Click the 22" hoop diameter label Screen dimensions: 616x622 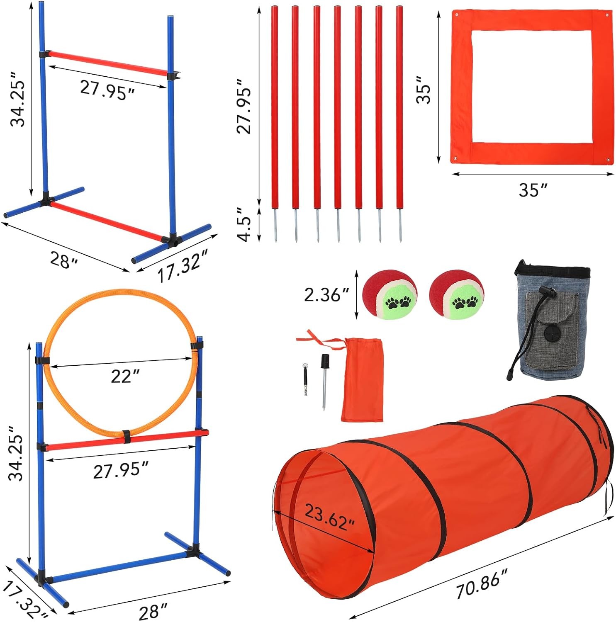[125, 376]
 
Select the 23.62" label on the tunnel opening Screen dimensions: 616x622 [330, 517]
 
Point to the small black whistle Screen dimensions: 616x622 [306, 379]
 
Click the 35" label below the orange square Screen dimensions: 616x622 [533, 190]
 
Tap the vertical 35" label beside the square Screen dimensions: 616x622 [424, 90]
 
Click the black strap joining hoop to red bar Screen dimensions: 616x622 [126, 437]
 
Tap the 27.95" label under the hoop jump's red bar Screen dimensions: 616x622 [121, 471]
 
